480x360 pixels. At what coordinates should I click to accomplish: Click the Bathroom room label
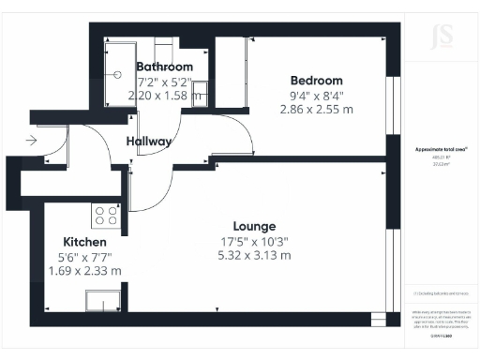[165, 67]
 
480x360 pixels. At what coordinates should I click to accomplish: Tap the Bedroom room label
[317, 81]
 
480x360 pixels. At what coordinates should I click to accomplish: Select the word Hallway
[149, 142]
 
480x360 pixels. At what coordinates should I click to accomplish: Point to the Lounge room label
[254, 226]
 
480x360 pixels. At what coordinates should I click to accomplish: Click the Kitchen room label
[85, 242]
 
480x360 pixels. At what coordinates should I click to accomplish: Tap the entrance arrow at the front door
[33, 141]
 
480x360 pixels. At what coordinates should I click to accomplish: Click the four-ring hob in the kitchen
[106, 217]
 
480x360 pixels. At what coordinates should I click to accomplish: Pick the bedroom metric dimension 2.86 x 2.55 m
[316, 109]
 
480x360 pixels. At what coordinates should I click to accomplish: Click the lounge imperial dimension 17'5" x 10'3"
[254, 241]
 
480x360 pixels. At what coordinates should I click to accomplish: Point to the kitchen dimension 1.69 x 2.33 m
[85, 271]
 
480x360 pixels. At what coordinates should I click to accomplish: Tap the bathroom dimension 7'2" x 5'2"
[165, 81]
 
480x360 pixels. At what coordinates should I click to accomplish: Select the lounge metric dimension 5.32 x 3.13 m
[254, 255]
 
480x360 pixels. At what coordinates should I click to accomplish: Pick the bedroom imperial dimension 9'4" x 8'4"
[316, 95]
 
